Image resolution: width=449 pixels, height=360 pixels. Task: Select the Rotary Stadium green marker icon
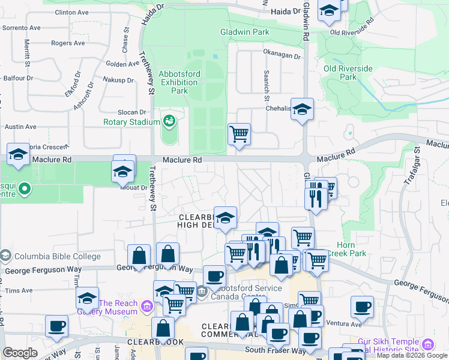coord(170,121)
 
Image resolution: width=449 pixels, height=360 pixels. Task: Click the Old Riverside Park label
coord(348,73)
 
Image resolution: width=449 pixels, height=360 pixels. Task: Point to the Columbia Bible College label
coord(58,256)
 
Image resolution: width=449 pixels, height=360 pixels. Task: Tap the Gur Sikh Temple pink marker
coord(427,345)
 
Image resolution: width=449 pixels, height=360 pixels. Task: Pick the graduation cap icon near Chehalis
coord(303,109)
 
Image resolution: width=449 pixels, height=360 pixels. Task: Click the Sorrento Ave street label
coord(21,28)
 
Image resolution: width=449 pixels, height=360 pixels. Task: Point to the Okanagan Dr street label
coord(282,55)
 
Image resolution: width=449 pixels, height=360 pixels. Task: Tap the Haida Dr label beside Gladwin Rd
coord(285,11)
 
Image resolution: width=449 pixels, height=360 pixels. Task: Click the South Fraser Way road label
coord(272,350)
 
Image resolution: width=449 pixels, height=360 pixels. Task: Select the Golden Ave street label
coord(122,64)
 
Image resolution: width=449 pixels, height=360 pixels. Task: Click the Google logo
coord(19,353)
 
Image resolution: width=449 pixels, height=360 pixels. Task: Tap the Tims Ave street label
coord(19,290)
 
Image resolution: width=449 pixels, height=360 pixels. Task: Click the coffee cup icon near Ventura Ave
coord(362,307)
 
